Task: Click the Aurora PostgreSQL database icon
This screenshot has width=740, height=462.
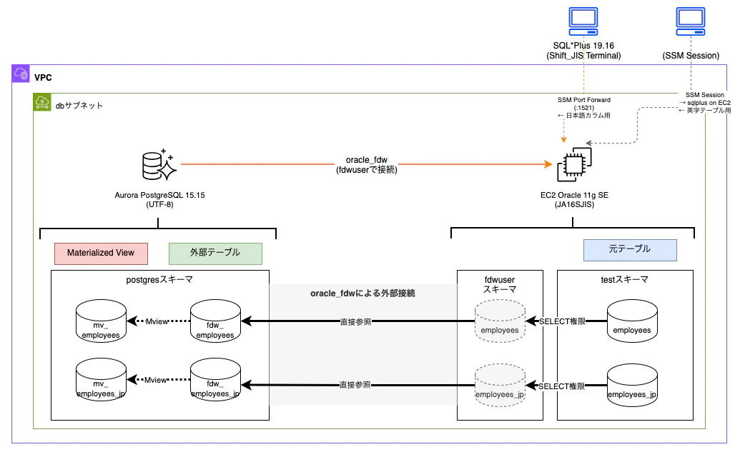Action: click(159, 165)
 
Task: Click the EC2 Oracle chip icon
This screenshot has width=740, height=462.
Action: click(574, 164)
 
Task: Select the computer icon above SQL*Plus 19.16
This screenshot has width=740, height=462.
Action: click(583, 21)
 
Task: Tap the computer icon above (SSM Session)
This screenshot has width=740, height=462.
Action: click(691, 21)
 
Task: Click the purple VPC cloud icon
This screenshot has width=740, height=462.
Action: click(21, 74)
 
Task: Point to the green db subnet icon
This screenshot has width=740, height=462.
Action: click(42, 102)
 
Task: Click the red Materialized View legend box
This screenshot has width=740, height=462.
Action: click(101, 253)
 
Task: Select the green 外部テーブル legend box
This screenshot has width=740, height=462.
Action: click(215, 253)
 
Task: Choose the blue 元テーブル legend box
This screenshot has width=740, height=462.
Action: click(630, 250)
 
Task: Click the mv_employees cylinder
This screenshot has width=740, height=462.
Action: click(101, 321)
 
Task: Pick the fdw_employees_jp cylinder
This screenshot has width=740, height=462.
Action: click(215, 379)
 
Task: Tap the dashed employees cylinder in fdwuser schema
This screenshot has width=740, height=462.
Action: click(500, 321)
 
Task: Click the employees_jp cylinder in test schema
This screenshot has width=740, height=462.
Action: click(632, 385)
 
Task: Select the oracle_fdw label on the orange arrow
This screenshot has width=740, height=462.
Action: click(367, 160)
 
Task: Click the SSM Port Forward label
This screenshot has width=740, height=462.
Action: click(584, 100)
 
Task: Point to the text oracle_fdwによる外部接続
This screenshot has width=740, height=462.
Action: click(363, 293)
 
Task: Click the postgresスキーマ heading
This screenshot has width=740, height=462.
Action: click(159, 280)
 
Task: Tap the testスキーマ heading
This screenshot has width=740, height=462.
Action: click(625, 280)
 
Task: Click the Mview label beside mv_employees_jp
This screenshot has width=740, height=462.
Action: click(155, 380)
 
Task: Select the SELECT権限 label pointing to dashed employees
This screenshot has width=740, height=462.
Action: click(563, 321)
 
